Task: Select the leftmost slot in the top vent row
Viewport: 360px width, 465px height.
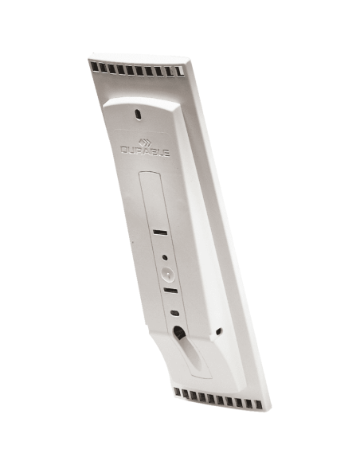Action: [x=95, y=68]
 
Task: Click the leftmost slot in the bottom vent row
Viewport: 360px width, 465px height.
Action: [x=178, y=393]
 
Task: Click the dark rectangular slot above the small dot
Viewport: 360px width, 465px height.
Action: [x=160, y=232]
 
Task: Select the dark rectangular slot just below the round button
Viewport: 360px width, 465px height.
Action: [x=170, y=291]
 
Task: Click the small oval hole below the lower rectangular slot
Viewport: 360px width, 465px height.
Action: [x=174, y=313]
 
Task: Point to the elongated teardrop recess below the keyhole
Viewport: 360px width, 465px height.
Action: [x=195, y=362]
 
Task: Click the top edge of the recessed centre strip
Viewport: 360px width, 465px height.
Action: [x=151, y=173]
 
